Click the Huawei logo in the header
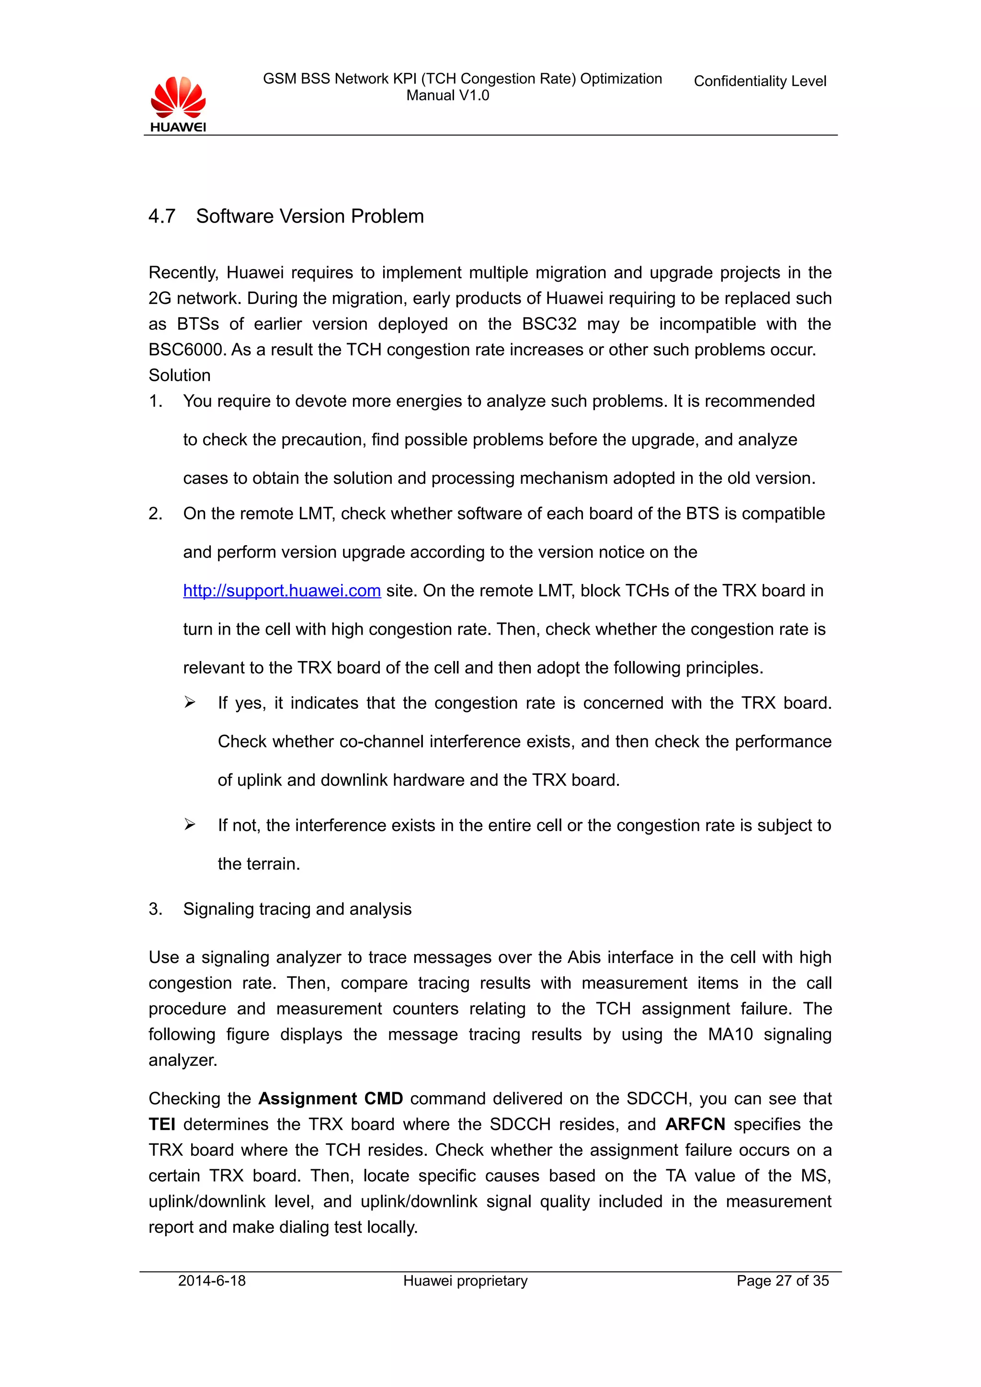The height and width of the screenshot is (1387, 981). pos(178,104)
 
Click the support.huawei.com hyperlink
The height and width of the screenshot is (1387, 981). pos(282,590)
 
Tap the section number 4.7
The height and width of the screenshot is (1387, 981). pos(162,216)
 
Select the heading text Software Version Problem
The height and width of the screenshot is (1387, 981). pos(309,216)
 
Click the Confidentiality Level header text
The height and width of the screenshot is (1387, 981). pos(759,81)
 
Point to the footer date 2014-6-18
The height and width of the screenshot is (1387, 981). pos(212,1281)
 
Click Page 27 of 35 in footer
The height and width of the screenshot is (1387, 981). pos(782,1281)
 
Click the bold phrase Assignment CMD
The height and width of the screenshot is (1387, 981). pos(330,1098)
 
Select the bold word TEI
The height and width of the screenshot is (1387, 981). pos(162,1124)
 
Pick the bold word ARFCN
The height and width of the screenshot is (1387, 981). pos(695,1124)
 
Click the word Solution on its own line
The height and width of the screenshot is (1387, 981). pos(180,375)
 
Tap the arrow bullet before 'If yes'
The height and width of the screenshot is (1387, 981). pos(190,703)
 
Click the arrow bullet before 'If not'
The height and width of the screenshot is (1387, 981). pos(190,825)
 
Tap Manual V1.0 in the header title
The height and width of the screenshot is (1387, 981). pos(447,95)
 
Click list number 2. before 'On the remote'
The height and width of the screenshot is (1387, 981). pos(156,514)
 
